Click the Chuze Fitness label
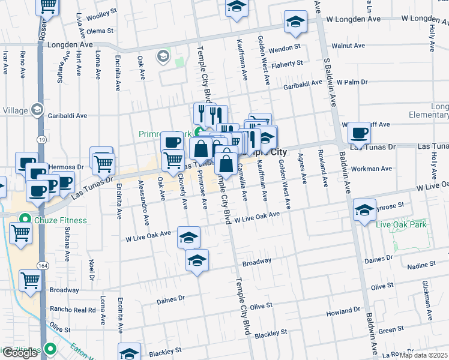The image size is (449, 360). [59, 220]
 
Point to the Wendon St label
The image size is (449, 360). [285, 47]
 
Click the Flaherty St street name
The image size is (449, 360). [286, 64]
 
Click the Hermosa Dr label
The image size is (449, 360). [67, 167]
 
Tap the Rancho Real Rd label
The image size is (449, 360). [73, 310]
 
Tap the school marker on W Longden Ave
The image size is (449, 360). [295, 22]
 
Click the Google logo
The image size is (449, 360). [20, 353]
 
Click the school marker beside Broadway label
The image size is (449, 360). [197, 261]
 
